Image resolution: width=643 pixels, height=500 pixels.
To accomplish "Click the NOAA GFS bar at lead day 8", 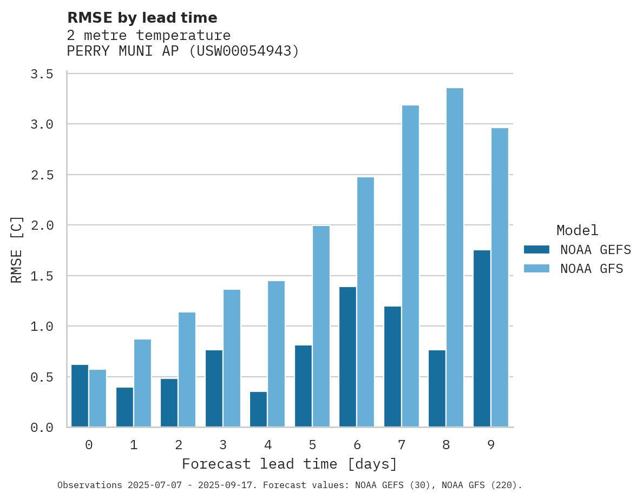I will [x=455, y=257].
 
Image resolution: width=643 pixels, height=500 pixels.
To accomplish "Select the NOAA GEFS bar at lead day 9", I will [x=482, y=338].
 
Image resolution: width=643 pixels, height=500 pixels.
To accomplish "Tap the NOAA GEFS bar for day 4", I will [x=258, y=409].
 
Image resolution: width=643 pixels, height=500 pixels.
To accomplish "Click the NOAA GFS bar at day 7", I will [x=410, y=266].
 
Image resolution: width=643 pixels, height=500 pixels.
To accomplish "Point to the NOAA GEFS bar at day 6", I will [x=347, y=357].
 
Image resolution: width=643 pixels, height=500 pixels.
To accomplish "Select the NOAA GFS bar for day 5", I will [x=321, y=326].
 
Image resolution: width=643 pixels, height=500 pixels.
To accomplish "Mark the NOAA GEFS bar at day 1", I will [x=124, y=407].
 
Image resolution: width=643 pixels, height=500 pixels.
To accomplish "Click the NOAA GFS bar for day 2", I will [x=187, y=370].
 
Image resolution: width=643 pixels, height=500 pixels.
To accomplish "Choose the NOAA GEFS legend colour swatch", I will [x=536, y=250].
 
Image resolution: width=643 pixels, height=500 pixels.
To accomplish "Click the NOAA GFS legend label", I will [x=592, y=269].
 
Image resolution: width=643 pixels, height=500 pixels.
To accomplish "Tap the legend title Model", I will [x=577, y=231].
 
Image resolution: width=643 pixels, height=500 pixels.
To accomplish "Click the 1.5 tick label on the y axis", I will [x=42, y=276].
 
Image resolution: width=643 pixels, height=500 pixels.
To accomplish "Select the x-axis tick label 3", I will [x=223, y=445].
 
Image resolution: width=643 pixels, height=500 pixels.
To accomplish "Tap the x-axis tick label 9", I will [x=491, y=445].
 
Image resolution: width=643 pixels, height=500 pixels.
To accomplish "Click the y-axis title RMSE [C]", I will [x=17, y=250].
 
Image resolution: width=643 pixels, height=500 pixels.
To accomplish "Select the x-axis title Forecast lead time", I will [x=290, y=464].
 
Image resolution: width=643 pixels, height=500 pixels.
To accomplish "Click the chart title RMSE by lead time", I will [x=142, y=18].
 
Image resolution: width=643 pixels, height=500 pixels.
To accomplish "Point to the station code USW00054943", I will [x=244, y=51].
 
